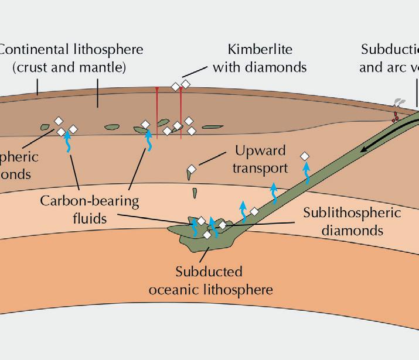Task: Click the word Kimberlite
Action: pyautogui.click(x=260, y=49)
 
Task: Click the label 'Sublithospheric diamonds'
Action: pyautogui.click(x=352, y=221)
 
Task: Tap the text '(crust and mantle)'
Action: pyautogui.click(x=69, y=67)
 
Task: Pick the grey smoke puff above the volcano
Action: pyautogui.click(x=399, y=103)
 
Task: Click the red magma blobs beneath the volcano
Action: pyautogui.click(x=396, y=116)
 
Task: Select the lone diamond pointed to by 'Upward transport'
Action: pyautogui.click(x=191, y=170)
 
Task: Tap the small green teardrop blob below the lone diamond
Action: pyautogui.click(x=195, y=191)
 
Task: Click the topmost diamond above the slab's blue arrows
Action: pyautogui.click(x=304, y=156)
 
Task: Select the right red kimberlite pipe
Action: pyautogui.click(x=181, y=111)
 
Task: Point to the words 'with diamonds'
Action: pyautogui.click(x=260, y=67)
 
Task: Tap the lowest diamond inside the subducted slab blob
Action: pyautogui.click(x=207, y=235)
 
